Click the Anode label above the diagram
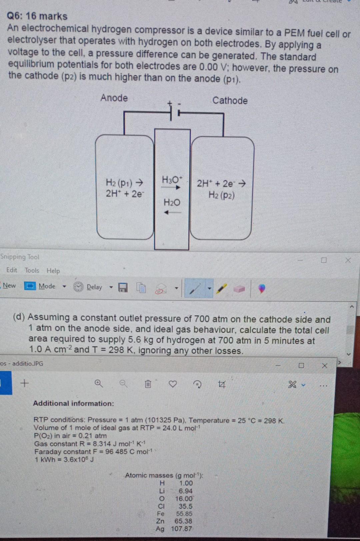[x=114, y=98]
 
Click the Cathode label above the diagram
[x=230, y=100]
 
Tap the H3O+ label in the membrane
[x=172, y=179]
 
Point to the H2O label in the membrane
[x=172, y=202]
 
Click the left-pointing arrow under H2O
[x=172, y=212]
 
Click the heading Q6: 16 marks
[x=37, y=16]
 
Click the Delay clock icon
[x=78, y=287]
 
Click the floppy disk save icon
[x=123, y=288]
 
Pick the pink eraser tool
[x=239, y=289]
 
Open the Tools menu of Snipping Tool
[x=32, y=270]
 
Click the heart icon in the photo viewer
[x=173, y=384]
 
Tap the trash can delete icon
[x=148, y=384]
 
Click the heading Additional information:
[x=73, y=403]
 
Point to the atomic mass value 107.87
[x=181, y=529]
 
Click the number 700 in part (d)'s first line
[x=202, y=319]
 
